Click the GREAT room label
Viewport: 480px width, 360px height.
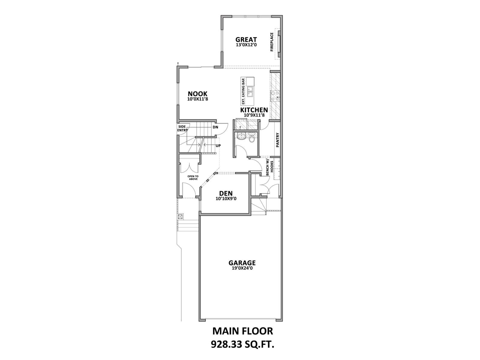click(246, 40)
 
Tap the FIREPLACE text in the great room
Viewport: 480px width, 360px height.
click(272, 42)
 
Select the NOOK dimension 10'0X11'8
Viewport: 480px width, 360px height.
click(197, 99)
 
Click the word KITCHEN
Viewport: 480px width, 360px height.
click(254, 110)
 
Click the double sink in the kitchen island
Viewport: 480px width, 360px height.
click(250, 91)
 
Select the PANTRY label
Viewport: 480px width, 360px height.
click(277, 140)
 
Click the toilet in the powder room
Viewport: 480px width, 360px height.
click(252, 138)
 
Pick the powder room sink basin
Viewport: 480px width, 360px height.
click(241, 137)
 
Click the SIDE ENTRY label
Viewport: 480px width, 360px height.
click(182, 128)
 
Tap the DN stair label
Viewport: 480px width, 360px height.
click(215, 127)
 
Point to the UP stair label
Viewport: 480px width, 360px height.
click(218, 145)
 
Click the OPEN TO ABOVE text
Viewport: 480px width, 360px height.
click(193, 178)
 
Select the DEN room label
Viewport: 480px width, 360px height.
click(226, 193)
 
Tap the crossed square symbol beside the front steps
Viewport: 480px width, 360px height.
click(180, 216)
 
